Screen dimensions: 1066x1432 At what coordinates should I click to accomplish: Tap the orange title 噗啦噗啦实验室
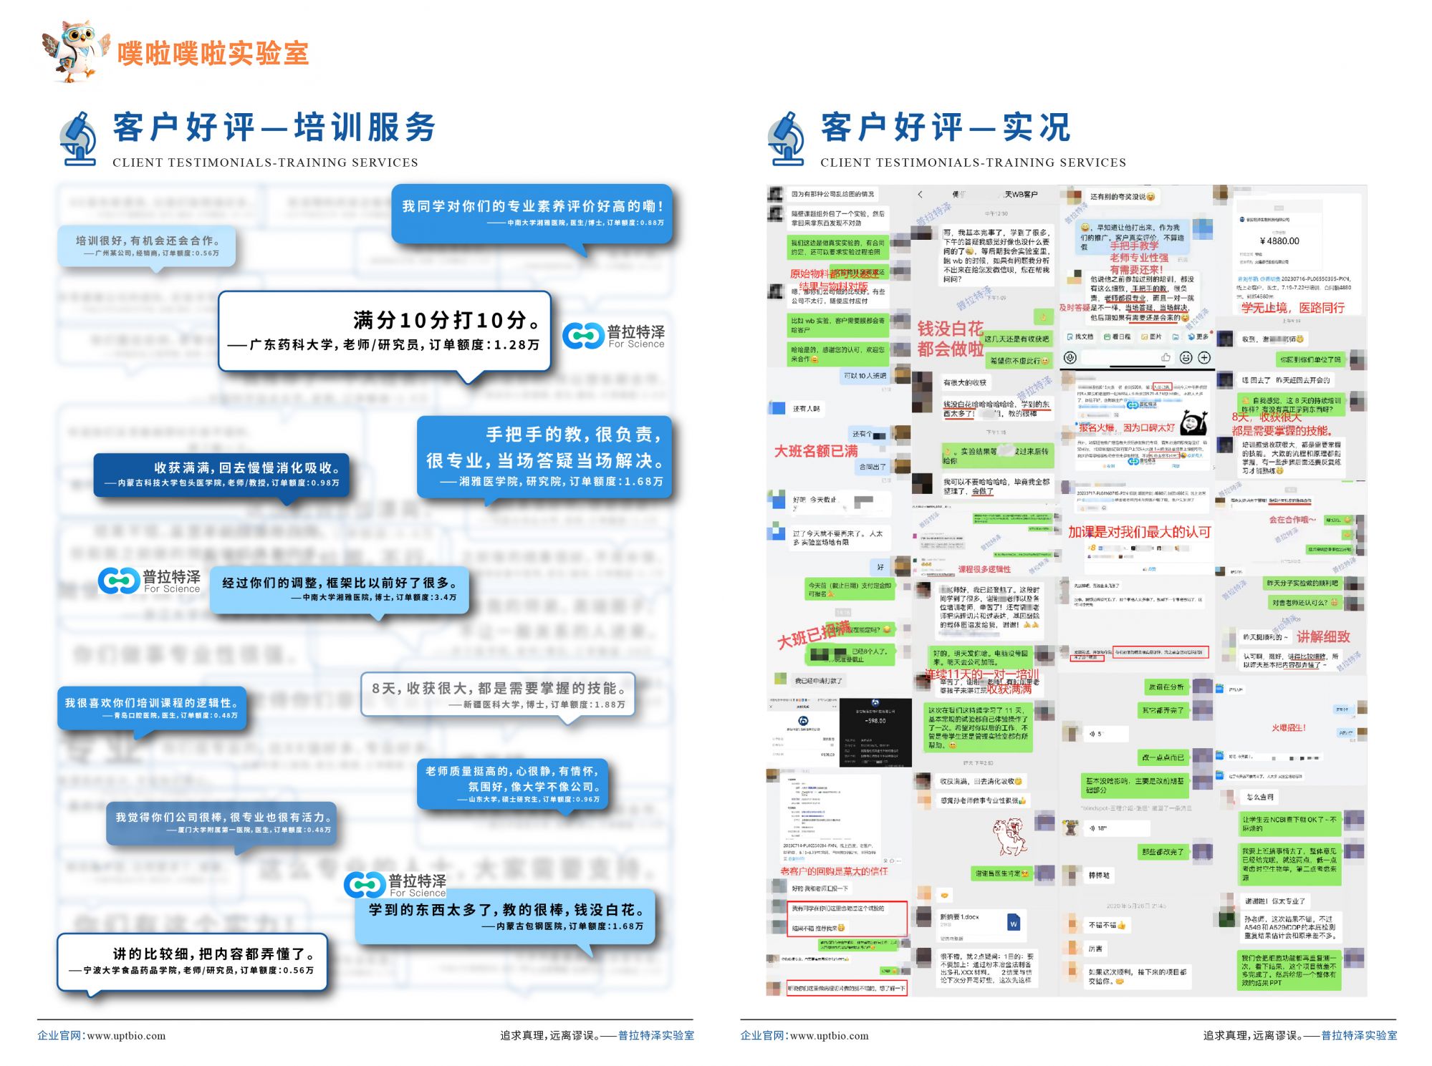tap(213, 54)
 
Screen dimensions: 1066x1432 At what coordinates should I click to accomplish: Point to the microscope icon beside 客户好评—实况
tap(787, 139)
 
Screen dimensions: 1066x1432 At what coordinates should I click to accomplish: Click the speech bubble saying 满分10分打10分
tap(384, 331)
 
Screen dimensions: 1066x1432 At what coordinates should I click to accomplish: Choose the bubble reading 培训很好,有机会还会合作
tap(147, 246)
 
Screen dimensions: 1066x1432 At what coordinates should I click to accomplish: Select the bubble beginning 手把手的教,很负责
tap(544, 457)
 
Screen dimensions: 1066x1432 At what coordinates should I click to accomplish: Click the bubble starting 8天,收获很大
tap(497, 694)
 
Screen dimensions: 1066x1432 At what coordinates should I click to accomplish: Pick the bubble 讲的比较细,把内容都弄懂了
tap(191, 961)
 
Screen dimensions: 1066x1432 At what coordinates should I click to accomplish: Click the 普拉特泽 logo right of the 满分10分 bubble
tap(614, 336)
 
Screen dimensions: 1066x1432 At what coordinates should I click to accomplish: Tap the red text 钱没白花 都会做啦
tap(950, 339)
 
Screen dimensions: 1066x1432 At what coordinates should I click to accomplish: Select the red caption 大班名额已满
tap(815, 451)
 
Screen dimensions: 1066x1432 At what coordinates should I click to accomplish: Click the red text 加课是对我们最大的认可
tap(1139, 532)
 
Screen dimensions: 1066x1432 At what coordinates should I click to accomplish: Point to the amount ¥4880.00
tap(1279, 241)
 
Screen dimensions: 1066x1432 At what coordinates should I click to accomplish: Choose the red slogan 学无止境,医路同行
tap(1292, 308)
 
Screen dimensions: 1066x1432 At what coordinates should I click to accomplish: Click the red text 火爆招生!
tap(1288, 727)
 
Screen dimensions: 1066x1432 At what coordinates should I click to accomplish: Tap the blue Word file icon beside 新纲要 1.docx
tap(1014, 923)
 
